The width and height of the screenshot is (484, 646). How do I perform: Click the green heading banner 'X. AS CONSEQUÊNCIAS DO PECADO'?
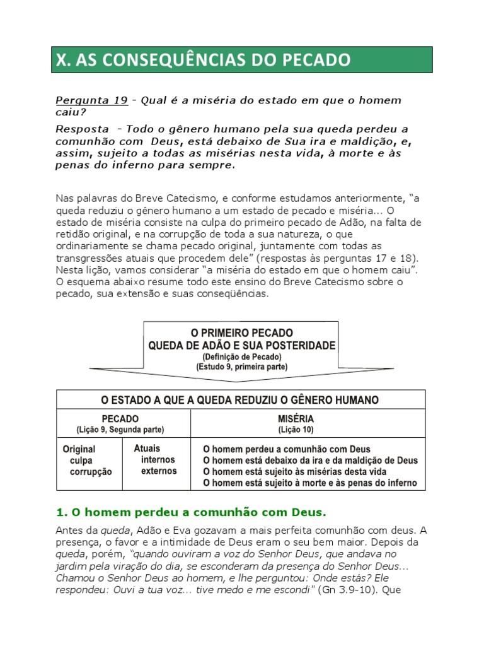coord(242,61)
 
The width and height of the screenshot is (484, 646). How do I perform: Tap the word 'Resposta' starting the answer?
coord(82,129)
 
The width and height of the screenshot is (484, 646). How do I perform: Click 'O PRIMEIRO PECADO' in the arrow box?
coord(242,332)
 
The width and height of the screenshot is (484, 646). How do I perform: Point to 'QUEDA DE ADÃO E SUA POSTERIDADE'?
coord(242,346)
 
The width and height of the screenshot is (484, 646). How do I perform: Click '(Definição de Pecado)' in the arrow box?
coord(242,357)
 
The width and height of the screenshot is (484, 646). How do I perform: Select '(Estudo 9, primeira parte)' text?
coord(242,367)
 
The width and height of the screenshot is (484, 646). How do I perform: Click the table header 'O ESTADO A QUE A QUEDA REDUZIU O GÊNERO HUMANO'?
coord(240,400)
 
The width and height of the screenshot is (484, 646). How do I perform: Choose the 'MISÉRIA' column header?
coord(296,419)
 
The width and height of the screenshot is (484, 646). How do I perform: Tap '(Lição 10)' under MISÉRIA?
coord(296,430)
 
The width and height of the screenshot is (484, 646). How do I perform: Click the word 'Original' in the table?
coord(79,449)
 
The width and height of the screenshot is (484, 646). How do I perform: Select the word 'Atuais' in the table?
coord(147,449)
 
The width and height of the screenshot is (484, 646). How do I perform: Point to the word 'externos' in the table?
coord(159,471)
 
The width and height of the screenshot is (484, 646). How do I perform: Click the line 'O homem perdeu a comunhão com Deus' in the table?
coord(285,449)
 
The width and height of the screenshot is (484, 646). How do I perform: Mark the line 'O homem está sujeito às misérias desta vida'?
coord(294,472)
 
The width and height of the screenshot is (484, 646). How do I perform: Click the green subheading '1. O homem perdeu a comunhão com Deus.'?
coord(192,511)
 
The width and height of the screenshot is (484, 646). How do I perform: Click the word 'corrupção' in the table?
coord(91,472)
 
